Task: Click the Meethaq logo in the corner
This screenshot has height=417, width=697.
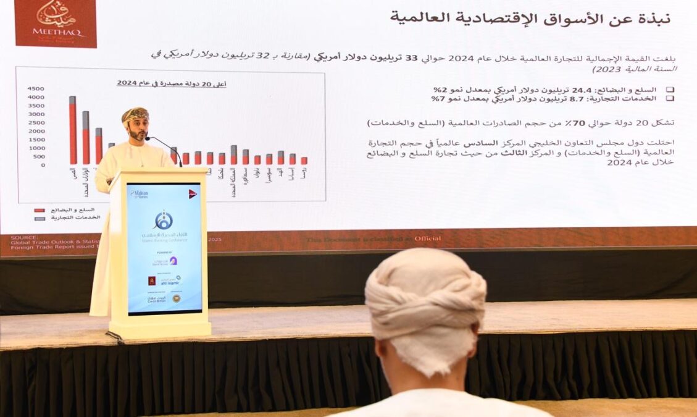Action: pyautogui.click(x=56, y=23)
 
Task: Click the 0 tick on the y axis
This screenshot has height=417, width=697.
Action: pyautogui.click(x=43, y=165)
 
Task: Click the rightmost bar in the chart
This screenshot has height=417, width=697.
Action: pyautogui.click(x=304, y=161)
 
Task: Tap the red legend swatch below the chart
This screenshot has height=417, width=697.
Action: pyautogui.click(x=40, y=211)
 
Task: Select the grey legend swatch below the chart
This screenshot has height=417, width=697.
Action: pyautogui.click(x=40, y=218)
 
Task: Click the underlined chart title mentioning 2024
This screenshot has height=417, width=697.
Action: pyautogui.click(x=171, y=83)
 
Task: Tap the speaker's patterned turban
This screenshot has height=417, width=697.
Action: pyautogui.click(x=135, y=114)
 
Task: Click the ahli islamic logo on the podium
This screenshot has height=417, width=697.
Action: pyautogui.click(x=170, y=281)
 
